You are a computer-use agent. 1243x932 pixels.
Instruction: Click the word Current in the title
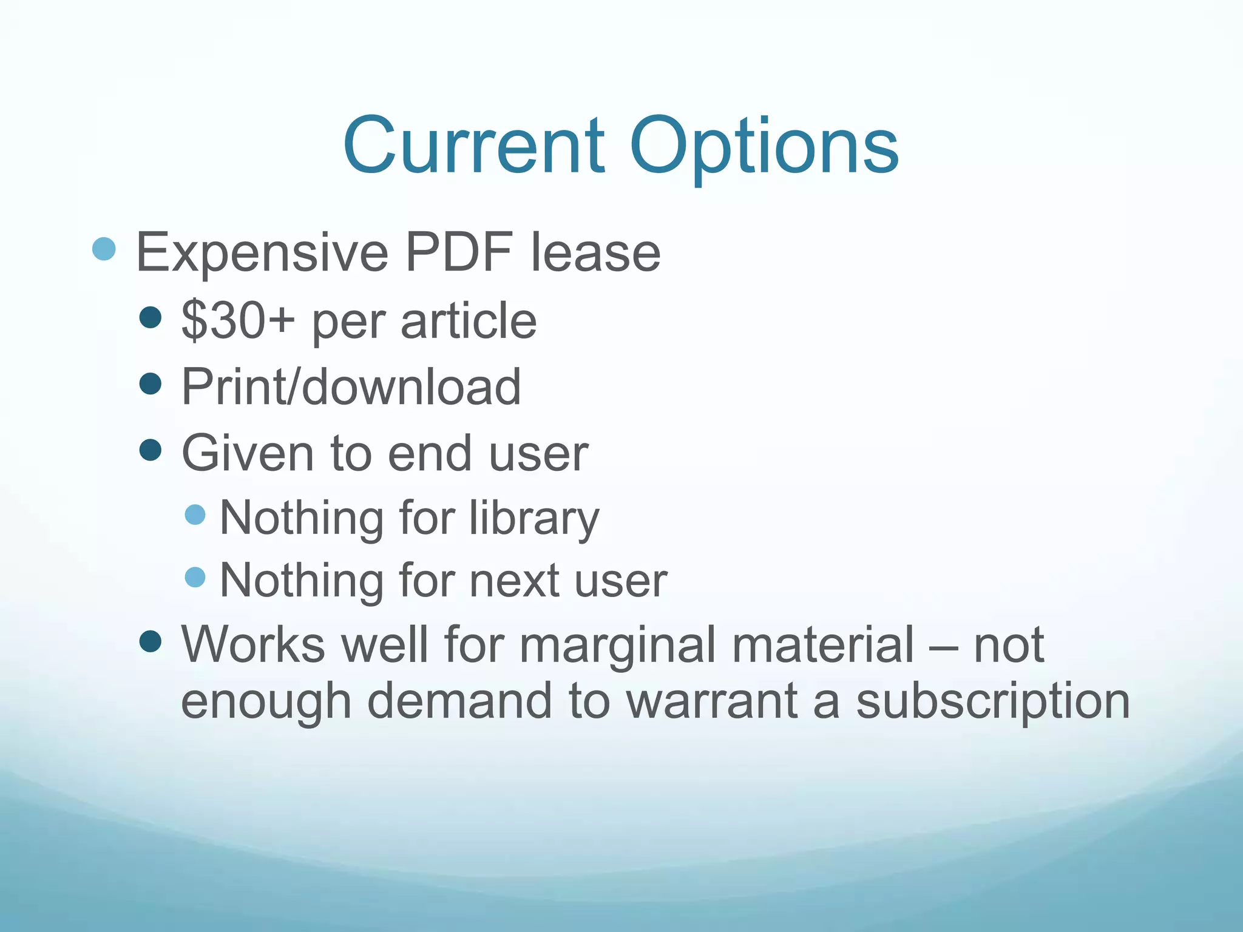(x=473, y=147)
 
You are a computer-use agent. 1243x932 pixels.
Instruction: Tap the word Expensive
(x=262, y=253)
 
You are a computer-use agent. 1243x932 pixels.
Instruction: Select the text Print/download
(x=351, y=387)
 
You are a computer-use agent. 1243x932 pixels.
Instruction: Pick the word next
(x=515, y=581)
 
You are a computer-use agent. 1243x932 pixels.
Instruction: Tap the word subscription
(x=993, y=701)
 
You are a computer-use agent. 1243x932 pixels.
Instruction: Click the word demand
(x=459, y=701)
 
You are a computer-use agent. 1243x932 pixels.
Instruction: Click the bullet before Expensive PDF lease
(x=104, y=249)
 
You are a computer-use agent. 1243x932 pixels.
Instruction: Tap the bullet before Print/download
(x=150, y=383)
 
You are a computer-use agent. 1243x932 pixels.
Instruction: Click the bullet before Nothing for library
(x=195, y=515)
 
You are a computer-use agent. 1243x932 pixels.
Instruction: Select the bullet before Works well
(x=150, y=641)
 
